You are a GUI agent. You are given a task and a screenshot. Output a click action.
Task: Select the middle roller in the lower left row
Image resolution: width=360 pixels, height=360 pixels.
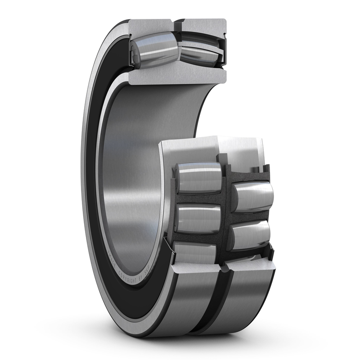coord(198,218)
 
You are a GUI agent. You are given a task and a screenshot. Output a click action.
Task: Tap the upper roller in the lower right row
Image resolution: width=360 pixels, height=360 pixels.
coord(253,196)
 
